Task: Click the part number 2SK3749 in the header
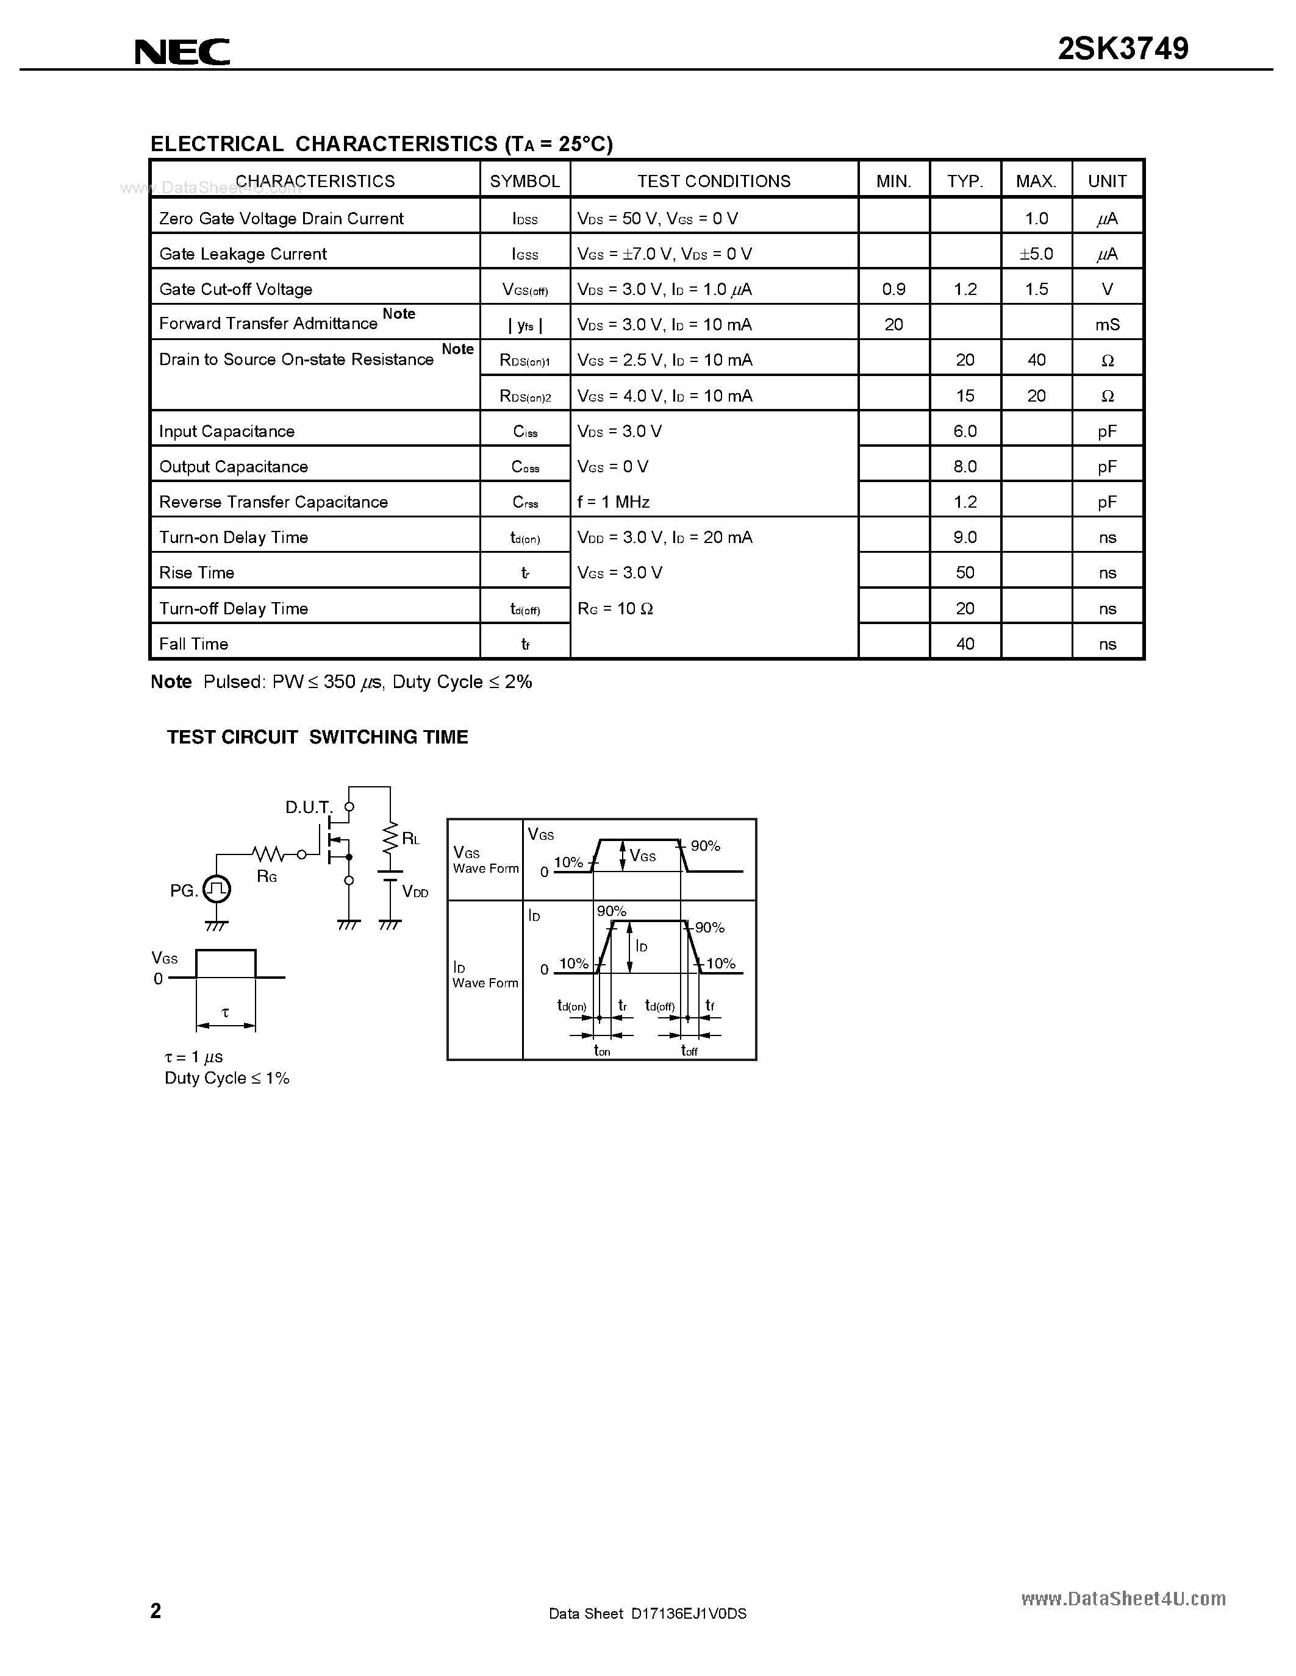click(x=1122, y=49)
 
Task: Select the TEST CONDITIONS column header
click(x=714, y=181)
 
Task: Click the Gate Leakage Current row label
click(x=243, y=254)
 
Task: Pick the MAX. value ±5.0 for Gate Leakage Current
click(x=1036, y=254)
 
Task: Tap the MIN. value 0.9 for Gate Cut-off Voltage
click(x=893, y=289)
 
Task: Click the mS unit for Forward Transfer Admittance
click(x=1107, y=325)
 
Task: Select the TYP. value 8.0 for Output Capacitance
click(x=964, y=467)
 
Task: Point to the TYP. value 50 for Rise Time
click(x=964, y=572)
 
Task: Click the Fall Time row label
click(x=193, y=644)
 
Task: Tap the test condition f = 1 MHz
click(x=614, y=502)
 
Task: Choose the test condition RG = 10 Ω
click(x=615, y=609)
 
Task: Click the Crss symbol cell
click(x=525, y=502)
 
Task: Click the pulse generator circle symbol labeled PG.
click(x=217, y=889)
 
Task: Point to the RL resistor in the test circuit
click(x=390, y=839)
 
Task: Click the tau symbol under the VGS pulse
click(x=225, y=1013)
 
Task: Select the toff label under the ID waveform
click(x=689, y=1050)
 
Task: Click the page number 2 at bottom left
click(x=156, y=1610)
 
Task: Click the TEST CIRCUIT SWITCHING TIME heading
click(x=317, y=737)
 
